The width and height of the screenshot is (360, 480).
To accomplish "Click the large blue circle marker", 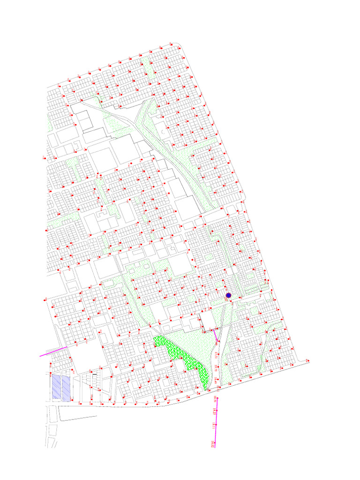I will (229, 295).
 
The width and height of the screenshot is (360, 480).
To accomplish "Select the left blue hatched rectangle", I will (56, 387).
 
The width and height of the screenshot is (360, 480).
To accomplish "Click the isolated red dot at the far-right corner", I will (307, 360).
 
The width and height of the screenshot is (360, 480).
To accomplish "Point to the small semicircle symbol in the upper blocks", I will (163, 133).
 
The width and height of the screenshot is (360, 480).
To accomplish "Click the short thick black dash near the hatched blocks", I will (95, 375).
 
